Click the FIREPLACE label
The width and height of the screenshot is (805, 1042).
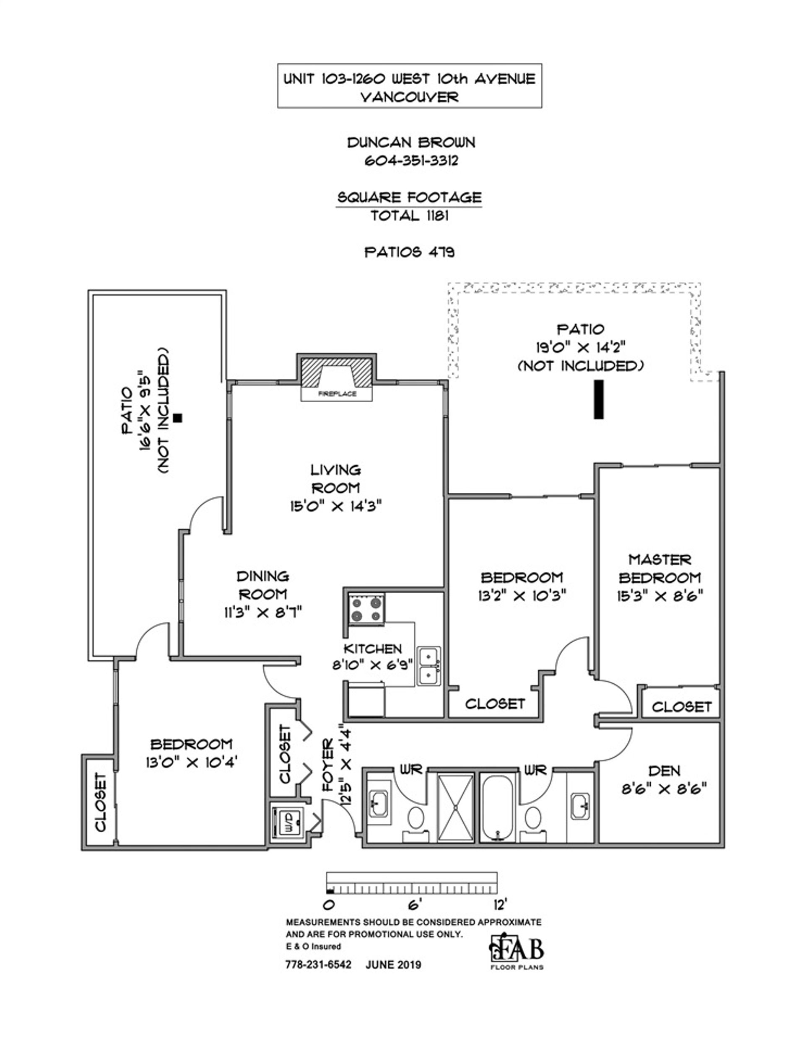[337, 394]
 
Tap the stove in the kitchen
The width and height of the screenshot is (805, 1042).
[366, 609]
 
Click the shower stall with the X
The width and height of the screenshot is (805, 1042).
[455, 808]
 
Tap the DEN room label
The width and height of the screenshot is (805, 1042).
[664, 771]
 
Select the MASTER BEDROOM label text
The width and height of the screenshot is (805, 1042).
[660, 568]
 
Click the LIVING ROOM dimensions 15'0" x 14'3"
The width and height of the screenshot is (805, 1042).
[336, 506]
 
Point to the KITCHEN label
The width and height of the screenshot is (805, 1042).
[373, 649]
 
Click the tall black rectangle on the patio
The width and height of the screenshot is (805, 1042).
[598, 399]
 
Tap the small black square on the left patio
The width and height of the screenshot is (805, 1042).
[178, 418]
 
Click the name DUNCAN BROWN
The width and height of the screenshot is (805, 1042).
[410, 142]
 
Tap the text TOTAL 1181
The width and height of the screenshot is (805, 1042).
[410, 216]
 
